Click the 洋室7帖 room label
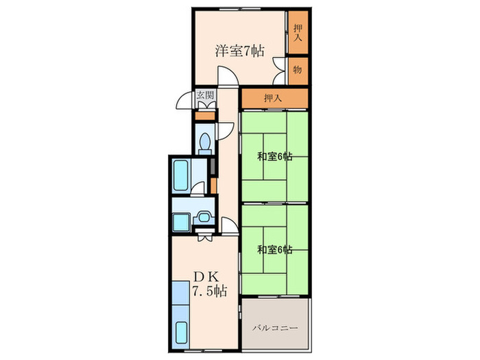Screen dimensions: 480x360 point(239,51)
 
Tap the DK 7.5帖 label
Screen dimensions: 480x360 point(210,284)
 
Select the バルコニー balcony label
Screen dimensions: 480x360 point(275,328)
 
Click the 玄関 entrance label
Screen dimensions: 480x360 point(206,95)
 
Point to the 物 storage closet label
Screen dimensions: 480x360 point(298,70)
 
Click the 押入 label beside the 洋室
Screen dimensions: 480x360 point(298,33)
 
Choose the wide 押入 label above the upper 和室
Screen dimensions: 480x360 point(273,98)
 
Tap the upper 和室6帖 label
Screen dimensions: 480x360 point(274,157)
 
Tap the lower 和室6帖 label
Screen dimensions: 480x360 point(274,250)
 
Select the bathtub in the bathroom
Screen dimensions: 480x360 point(180,176)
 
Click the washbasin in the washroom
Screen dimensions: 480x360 point(203,217)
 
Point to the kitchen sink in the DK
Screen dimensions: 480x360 point(181,333)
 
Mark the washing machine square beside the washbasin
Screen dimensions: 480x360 point(182,223)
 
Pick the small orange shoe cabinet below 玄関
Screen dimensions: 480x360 point(205,117)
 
